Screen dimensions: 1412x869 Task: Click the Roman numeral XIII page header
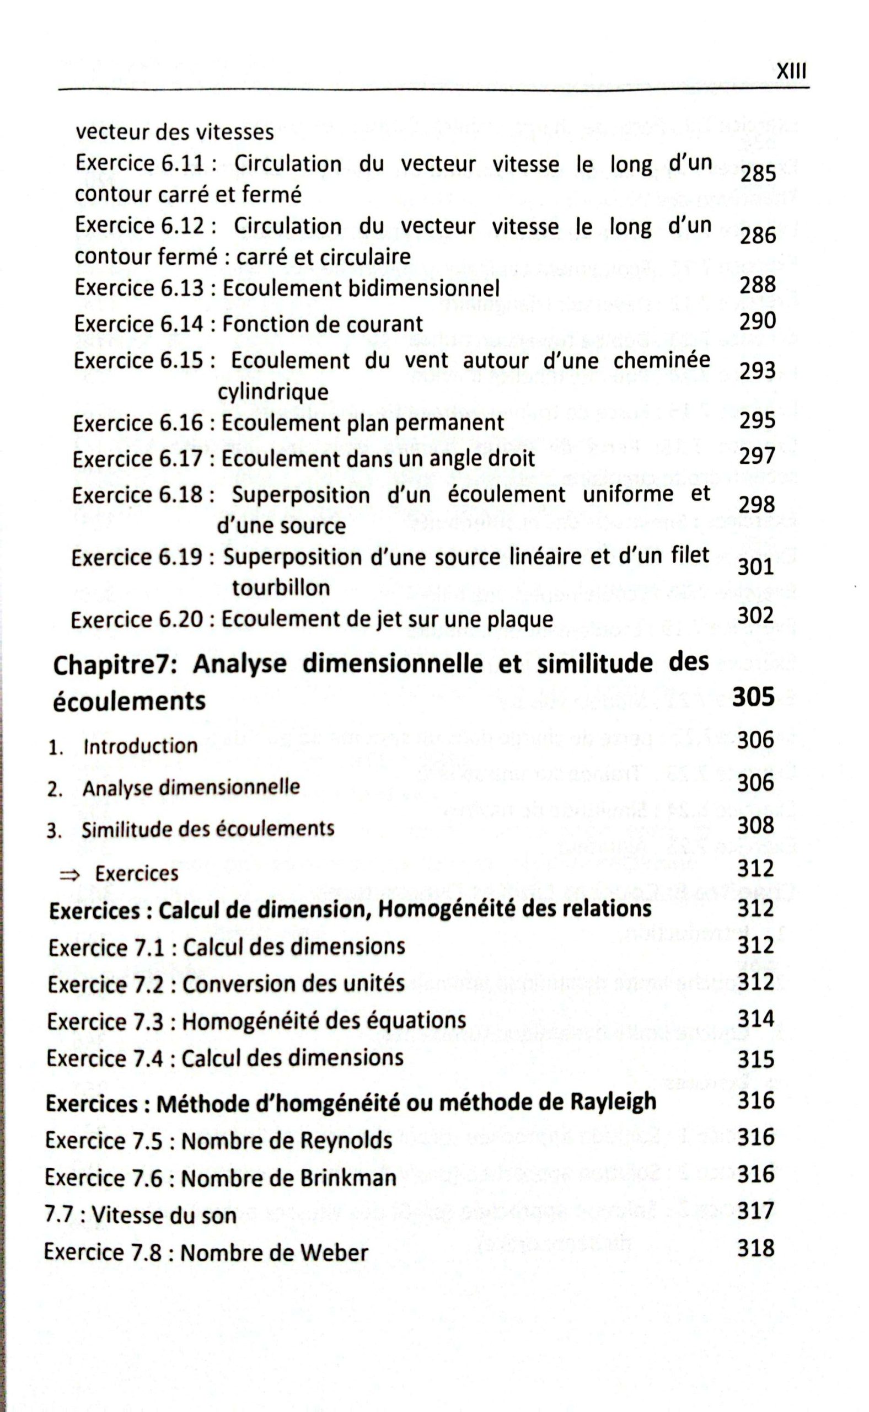pos(791,72)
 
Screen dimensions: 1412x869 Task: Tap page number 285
pos(758,173)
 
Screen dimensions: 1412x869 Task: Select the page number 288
pos(758,285)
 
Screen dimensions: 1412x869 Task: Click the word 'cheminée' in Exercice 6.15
pos(662,361)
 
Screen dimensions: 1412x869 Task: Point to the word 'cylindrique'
pos(273,393)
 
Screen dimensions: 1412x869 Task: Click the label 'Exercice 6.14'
pos(138,324)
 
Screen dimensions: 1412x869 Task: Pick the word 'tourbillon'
pos(281,587)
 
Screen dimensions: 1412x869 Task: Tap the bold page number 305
pos(753,697)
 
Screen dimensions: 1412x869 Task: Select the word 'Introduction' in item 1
pos(140,746)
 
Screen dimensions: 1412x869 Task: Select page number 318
pos(756,1249)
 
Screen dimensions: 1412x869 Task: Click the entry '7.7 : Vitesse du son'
pos(140,1216)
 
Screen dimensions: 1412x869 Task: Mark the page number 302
pos(757,615)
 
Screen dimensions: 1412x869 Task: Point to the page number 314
pos(756,1019)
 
